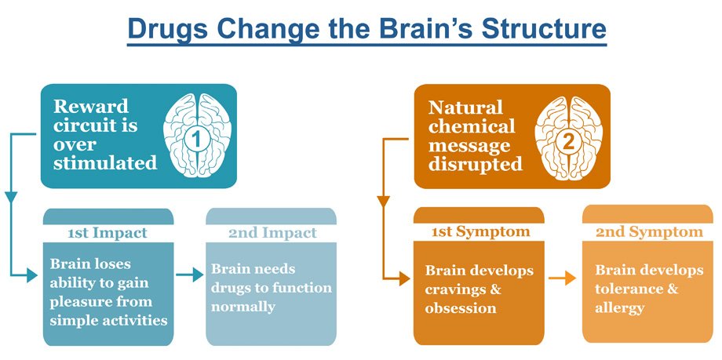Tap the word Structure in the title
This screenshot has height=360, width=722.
544,28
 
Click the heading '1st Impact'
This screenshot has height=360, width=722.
108,233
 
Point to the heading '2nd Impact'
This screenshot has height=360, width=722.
272,233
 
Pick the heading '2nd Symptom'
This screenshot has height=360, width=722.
649,232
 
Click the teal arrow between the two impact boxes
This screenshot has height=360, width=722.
190,275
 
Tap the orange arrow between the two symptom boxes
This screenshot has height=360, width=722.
562,278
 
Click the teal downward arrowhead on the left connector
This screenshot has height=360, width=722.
11,197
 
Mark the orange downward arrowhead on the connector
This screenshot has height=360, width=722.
383,201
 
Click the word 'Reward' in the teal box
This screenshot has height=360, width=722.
91,107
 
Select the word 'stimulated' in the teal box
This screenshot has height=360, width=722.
105,163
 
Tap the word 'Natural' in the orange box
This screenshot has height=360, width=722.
465,107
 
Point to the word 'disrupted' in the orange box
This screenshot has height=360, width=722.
476,165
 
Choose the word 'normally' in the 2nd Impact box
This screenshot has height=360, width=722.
243,307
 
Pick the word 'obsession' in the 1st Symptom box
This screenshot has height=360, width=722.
461,308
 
